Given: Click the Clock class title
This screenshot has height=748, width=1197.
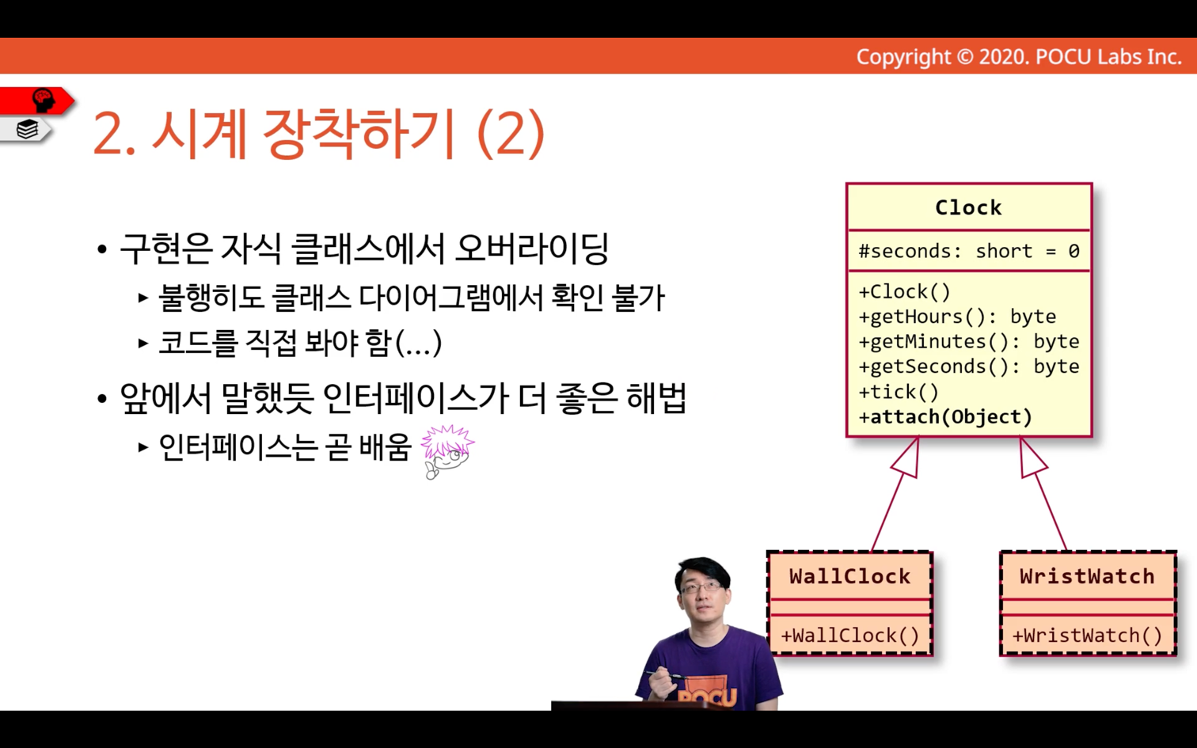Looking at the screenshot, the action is coord(968,207).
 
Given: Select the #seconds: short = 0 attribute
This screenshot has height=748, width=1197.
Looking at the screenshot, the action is coord(969,251).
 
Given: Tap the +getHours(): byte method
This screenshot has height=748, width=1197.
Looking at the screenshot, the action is coord(957,317).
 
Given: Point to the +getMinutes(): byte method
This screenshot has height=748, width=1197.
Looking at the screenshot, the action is coord(969,341).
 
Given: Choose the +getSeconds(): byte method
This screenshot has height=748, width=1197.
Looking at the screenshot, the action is coord(969,366).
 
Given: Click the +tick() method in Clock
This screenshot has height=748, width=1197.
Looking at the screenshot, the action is coord(899,392).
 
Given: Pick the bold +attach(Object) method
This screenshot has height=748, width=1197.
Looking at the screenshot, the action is coord(944,416).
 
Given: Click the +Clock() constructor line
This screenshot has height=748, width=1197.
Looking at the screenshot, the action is coord(904,292).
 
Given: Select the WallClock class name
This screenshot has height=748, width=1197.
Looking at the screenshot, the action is coord(849,576).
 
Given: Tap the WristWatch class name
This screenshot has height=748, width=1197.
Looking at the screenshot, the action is coord(1087,576).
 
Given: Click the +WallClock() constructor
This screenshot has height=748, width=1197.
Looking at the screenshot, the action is coord(849,636).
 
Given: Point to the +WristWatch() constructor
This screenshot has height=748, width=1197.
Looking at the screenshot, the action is coord(1087,636).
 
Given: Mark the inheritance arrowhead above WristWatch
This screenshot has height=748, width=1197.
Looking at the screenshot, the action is coord(1032,459).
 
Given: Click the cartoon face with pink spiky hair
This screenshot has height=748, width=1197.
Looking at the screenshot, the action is coord(446,452).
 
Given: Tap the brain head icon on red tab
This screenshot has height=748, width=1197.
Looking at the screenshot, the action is coord(44,101).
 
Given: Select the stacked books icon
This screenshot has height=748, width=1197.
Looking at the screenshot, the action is coord(27,129).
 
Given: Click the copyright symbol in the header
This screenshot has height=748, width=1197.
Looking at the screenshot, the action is coord(964,57).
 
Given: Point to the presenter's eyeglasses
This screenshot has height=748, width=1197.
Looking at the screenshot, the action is coord(701,588).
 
